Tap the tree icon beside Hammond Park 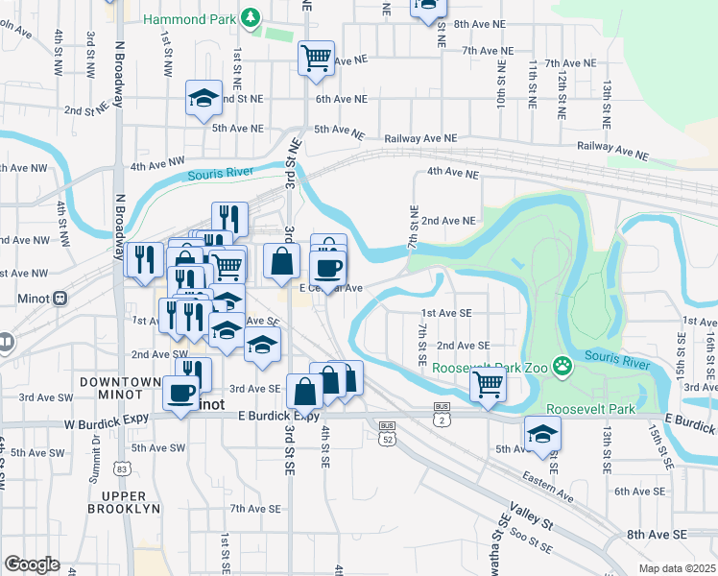point(251,17)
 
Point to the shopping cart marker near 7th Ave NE point(316,58)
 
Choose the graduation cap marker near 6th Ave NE point(203,98)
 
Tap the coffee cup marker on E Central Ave point(328,268)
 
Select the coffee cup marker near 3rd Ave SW point(180,393)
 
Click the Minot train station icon point(60,298)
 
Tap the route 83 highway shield point(122,469)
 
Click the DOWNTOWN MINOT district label point(119,389)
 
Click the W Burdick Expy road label point(111,423)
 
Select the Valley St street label point(532,524)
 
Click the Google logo point(32,564)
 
